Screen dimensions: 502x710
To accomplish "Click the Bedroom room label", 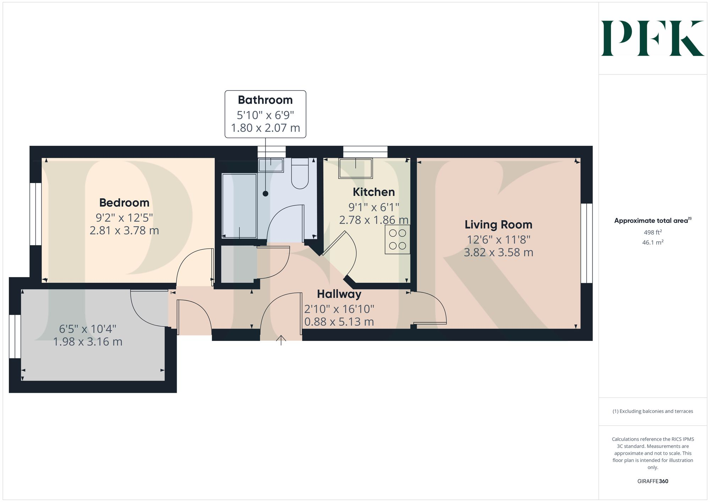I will click(x=124, y=203).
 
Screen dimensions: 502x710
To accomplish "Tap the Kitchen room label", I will click(x=373, y=192).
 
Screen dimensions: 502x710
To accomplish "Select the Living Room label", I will click(x=498, y=225).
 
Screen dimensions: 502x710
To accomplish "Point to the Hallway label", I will click(x=339, y=294).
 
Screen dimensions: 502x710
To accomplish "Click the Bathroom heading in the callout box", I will click(x=265, y=100).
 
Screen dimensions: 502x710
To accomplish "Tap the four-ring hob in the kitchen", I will click(x=397, y=239).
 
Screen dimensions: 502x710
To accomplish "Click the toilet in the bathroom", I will click(x=300, y=175).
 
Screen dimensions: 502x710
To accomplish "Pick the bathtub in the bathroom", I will click(x=239, y=205).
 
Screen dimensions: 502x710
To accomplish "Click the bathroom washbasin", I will click(x=271, y=165).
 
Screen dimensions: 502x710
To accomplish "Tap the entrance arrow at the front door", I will click(x=281, y=340).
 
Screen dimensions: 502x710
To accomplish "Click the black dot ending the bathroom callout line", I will click(x=265, y=194).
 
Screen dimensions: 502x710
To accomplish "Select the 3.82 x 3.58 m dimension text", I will click(x=498, y=253).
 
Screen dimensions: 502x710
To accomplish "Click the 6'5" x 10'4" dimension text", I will click(x=88, y=329).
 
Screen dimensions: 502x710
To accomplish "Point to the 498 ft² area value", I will click(x=652, y=232).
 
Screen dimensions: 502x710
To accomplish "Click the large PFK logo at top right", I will click(x=652, y=38).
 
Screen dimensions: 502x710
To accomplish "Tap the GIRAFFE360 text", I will click(x=652, y=481).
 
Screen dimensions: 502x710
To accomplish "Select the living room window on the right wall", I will click(x=586, y=243).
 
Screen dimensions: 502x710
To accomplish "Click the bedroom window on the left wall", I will click(x=35, y=214).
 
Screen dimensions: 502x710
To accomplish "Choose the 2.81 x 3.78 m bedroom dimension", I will click(x=124, y=231).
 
